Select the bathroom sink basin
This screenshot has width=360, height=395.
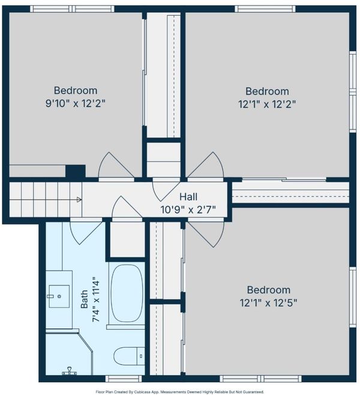click(x=59, y=296)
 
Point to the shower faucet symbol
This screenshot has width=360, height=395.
click(x=68, y=371)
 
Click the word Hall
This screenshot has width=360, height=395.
click(x=188, y=197)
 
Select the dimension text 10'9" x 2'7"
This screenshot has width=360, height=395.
click(x=188, y=209)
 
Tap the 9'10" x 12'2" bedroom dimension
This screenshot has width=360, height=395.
click(x=75, y=103)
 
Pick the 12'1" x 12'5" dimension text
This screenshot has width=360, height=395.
click(x=268, y=303)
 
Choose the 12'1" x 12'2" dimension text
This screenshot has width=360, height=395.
click(x=267, y=104)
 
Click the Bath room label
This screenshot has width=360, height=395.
click(x=84, y=299)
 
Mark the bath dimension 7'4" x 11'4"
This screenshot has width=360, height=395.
click(x=97, y=299)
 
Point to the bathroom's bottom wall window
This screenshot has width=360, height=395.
click(x=124, y=378)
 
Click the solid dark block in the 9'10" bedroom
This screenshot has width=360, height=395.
click(x=76, y=171)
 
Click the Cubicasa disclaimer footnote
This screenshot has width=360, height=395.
click(x=180, y=392)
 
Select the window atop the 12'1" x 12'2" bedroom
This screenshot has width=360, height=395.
click(x=265, y=9)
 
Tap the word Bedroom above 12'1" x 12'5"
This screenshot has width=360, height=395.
click(x=268, y=290)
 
